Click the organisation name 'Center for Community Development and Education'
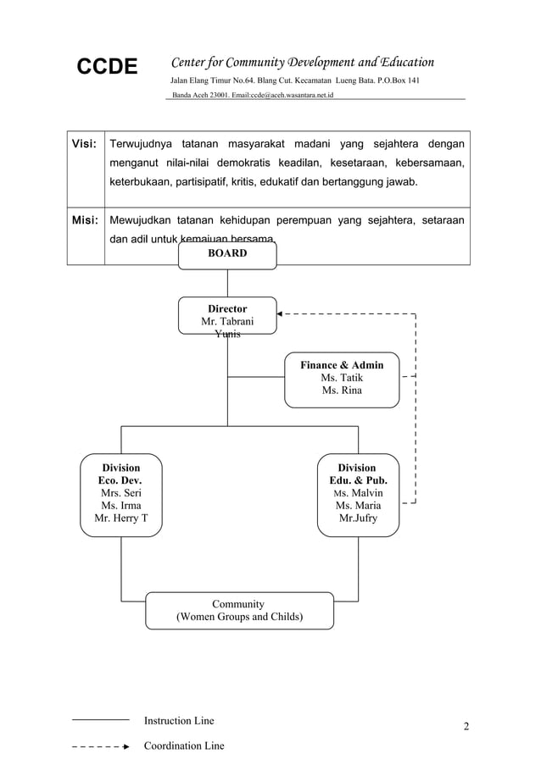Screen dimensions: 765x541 (x=303, y=62)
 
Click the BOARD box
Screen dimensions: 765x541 (x=227, y=253)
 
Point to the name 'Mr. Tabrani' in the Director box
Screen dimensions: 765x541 (x=226, y=322)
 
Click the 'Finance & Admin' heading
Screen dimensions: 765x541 (x=342, y=365)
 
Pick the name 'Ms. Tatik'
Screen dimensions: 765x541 (x=342, y=378)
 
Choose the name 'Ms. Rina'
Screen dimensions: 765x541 (x=342, y=391)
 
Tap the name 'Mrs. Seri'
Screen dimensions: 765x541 (x=121, y=492)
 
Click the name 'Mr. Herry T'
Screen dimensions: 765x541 (x=121, y=518)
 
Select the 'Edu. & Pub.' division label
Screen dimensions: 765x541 (x=357, y=480)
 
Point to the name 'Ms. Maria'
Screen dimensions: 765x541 (x=357, y=506)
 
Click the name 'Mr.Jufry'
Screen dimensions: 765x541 (x=357, y=518)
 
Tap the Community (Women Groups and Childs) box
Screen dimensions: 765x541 (x=238, y=610)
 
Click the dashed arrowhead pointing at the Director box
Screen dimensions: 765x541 (x=281, y=314)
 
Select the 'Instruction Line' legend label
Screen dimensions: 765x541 (x=179, y=721)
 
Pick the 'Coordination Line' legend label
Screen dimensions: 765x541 (x=184, y=746)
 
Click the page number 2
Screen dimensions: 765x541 (x=466, y=727)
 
